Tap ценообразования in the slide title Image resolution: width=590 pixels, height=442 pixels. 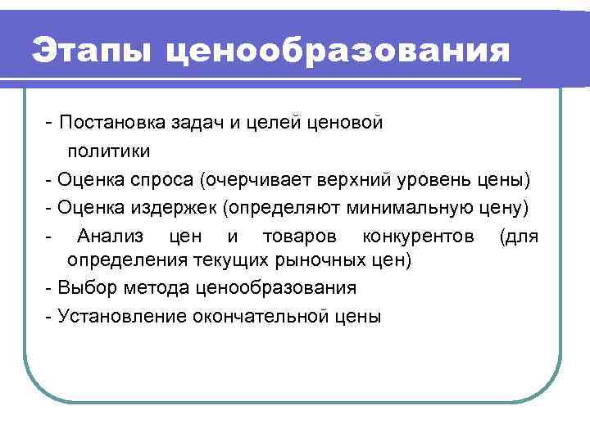336,52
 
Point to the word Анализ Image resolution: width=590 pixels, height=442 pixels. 110,236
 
